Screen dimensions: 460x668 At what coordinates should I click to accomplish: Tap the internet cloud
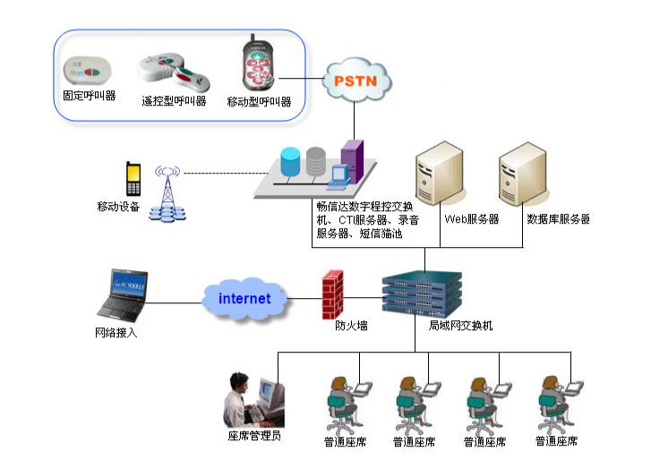click(x=244, y=298)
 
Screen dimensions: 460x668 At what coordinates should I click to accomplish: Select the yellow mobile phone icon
click(x=133, y=178)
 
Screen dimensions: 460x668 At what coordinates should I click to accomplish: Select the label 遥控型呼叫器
click(x=174, y=101)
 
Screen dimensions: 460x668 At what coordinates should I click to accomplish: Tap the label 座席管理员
click(x=254, y=437)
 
